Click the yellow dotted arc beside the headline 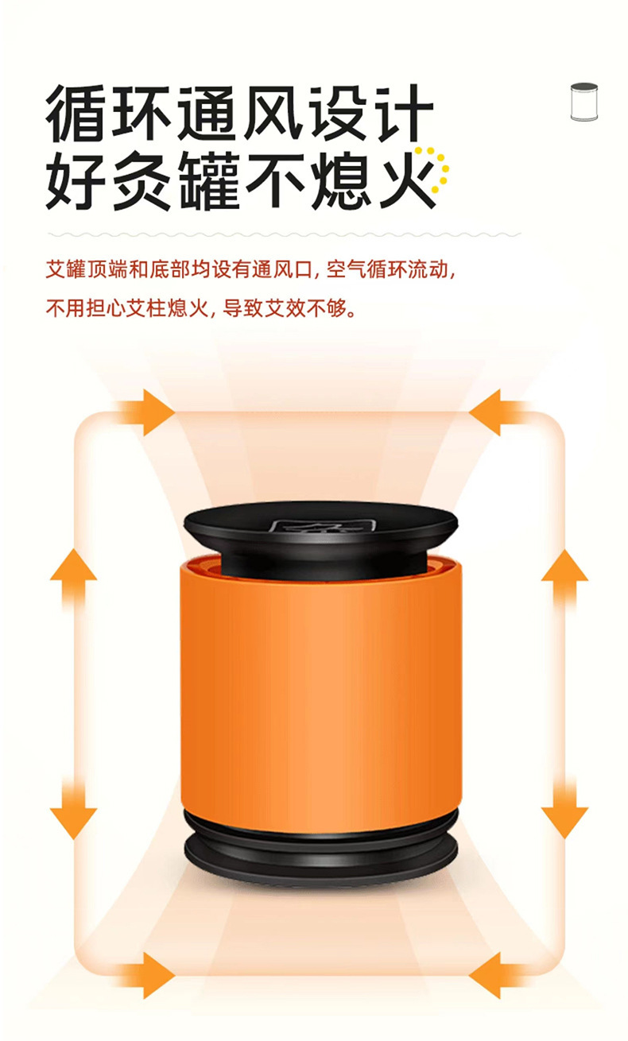click(x=437, y=168)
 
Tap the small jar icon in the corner click(x=583, y=102)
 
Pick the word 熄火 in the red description click(x=187, y=308)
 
